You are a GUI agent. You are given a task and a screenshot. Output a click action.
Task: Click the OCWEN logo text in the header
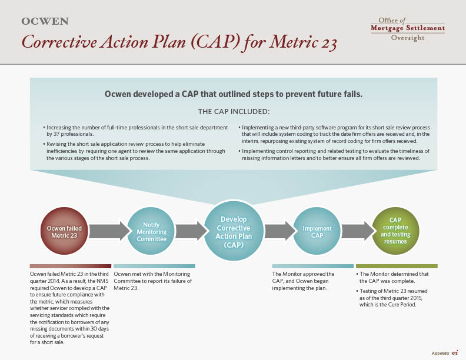[x=45, y=21]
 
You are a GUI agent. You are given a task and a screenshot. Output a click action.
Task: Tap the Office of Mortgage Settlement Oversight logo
[x=408, y=29]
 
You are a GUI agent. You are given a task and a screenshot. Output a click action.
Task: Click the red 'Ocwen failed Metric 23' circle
[x=64, y=231]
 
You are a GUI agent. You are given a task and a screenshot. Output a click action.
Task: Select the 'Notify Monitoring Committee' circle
[x=151, y=231]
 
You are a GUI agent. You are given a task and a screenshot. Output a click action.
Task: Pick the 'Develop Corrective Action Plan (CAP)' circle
[x=234, y=231]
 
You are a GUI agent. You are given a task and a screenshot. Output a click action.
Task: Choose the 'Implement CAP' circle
[x=317, y=231]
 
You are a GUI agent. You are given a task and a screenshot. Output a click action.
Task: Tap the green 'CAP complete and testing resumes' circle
[x=395, y=231]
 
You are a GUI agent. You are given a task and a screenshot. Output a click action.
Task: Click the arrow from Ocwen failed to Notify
[x=109, y=231]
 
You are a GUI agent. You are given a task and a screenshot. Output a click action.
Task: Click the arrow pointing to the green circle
[x=358, y=231]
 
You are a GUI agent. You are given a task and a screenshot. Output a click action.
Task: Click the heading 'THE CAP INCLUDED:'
[x=234, y=112]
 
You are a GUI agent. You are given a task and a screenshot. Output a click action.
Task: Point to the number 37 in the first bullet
[x=56, y=134]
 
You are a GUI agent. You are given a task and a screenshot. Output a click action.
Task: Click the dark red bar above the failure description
[x=71, y=266]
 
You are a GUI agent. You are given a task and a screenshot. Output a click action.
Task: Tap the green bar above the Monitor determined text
[x=397, y=266]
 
